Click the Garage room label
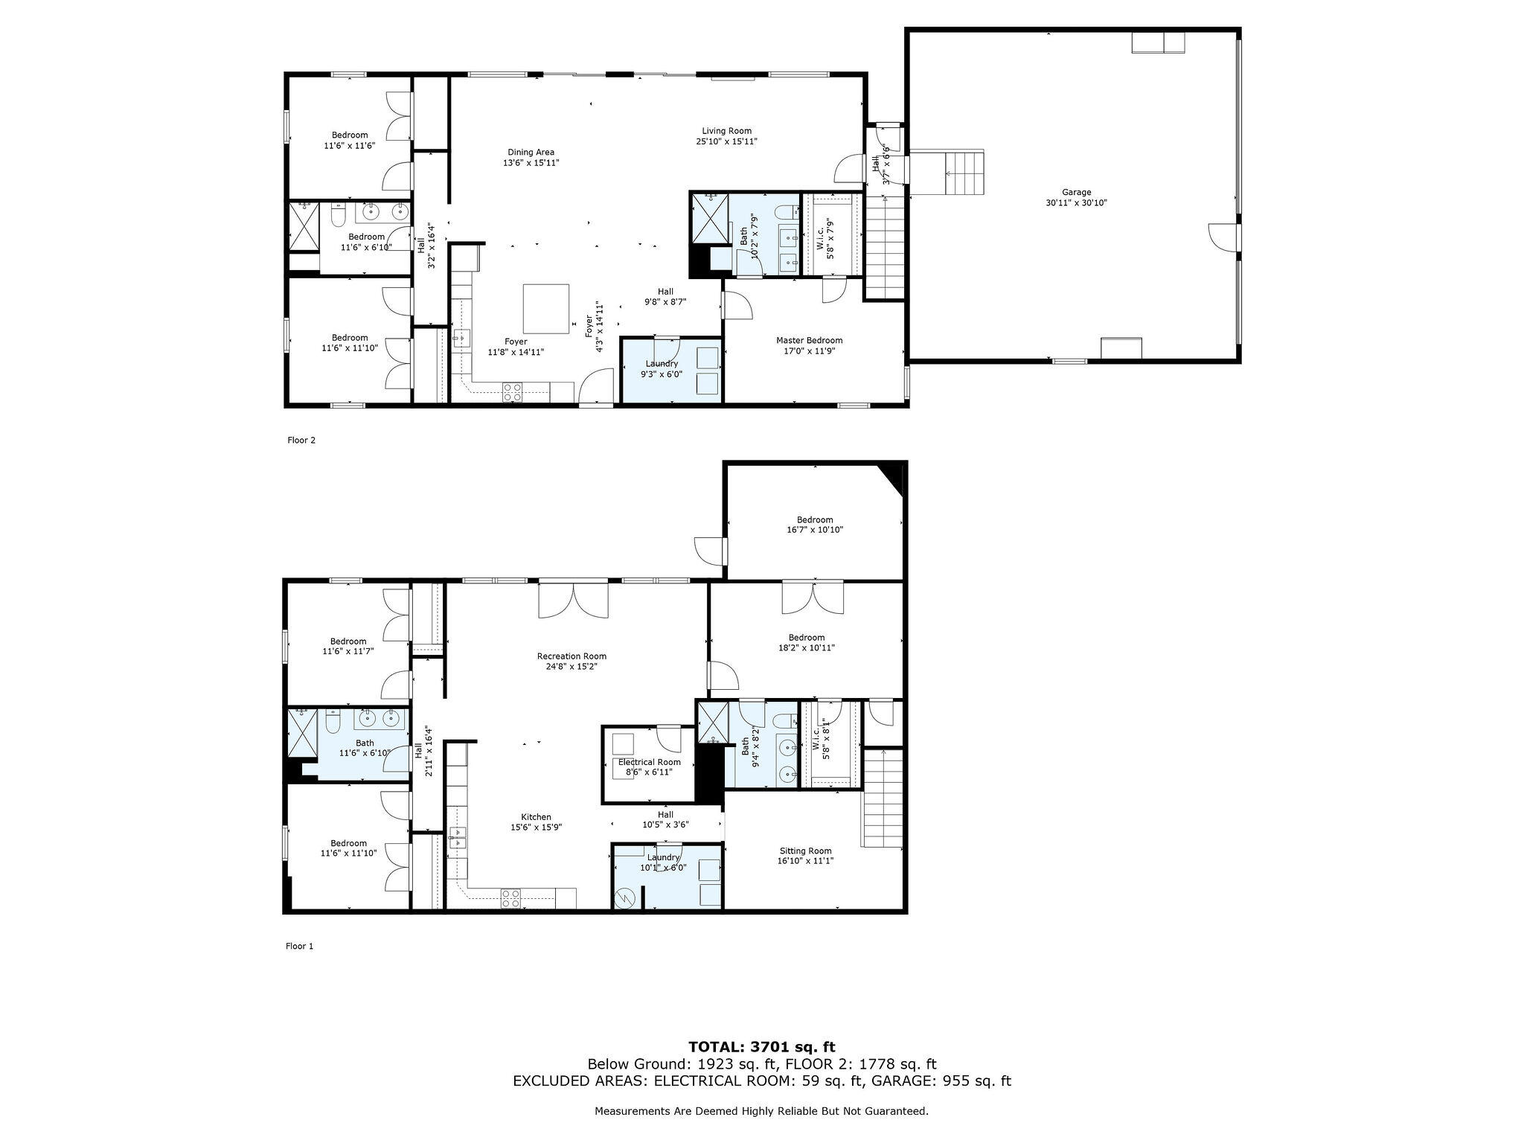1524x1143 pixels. (x=1076, y=192)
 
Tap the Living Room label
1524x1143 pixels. (x=726, y=131)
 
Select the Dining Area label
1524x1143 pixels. (x=531, y=153)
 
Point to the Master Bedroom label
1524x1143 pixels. (x=809, y=341)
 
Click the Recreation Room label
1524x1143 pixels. (x=571, y=656)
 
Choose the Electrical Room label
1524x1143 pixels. (x=649, y=762)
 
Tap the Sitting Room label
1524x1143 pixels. (x=805, y=851)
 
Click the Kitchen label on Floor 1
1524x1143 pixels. (x=536, y=817)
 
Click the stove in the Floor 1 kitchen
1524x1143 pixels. (x=510, y=898)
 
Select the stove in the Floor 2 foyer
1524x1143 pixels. (x=512, y=392)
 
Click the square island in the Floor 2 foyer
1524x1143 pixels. (x=546, y=309)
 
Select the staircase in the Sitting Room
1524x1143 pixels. (x=883, y=798)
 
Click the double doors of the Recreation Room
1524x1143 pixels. (x=573, y=600)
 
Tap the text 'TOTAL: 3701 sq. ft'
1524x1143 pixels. (x=762, y=1048)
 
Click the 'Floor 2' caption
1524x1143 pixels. (x=301, y=441)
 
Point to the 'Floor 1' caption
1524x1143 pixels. (x=300, y=947)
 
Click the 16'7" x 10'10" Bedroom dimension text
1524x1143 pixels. (x=815, y=530)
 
